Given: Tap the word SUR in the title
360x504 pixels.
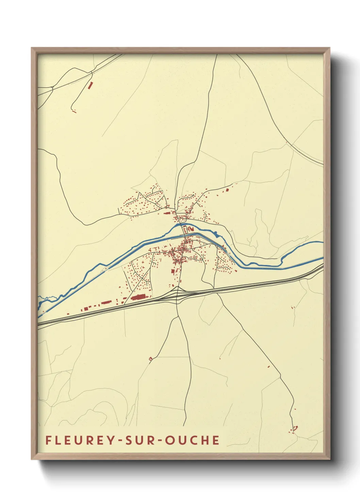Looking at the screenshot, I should pos(140,440).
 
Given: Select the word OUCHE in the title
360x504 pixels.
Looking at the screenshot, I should pos(193,440).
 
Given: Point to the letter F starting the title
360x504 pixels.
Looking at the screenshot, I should pos(48,440).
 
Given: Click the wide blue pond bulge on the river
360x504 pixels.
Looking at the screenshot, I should pos(216,234).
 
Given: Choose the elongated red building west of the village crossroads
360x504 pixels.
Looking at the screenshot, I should pos(167,214).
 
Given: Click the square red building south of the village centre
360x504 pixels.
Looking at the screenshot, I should pos(173,271).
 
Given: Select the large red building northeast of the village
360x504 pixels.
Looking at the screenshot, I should pos(227,190).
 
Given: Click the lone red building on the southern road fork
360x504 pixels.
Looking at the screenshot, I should pos(150,358).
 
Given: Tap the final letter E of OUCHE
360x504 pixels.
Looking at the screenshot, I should pos(215,440).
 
